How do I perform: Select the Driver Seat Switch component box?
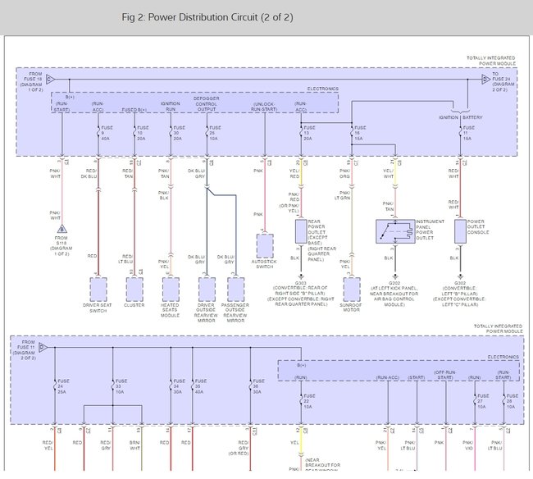pyautogui.click(x=98, y=290)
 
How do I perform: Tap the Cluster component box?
pyautogui.click(x=134, y=290)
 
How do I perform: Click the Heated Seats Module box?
pyautogui.click(x=171, y=290)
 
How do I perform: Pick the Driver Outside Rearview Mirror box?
pyautogui.click(x=206, y=290)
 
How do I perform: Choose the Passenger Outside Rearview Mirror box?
pyautogui.click(x=236, y=290)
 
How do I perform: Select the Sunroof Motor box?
pyautogui.click(x=351, y=290)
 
